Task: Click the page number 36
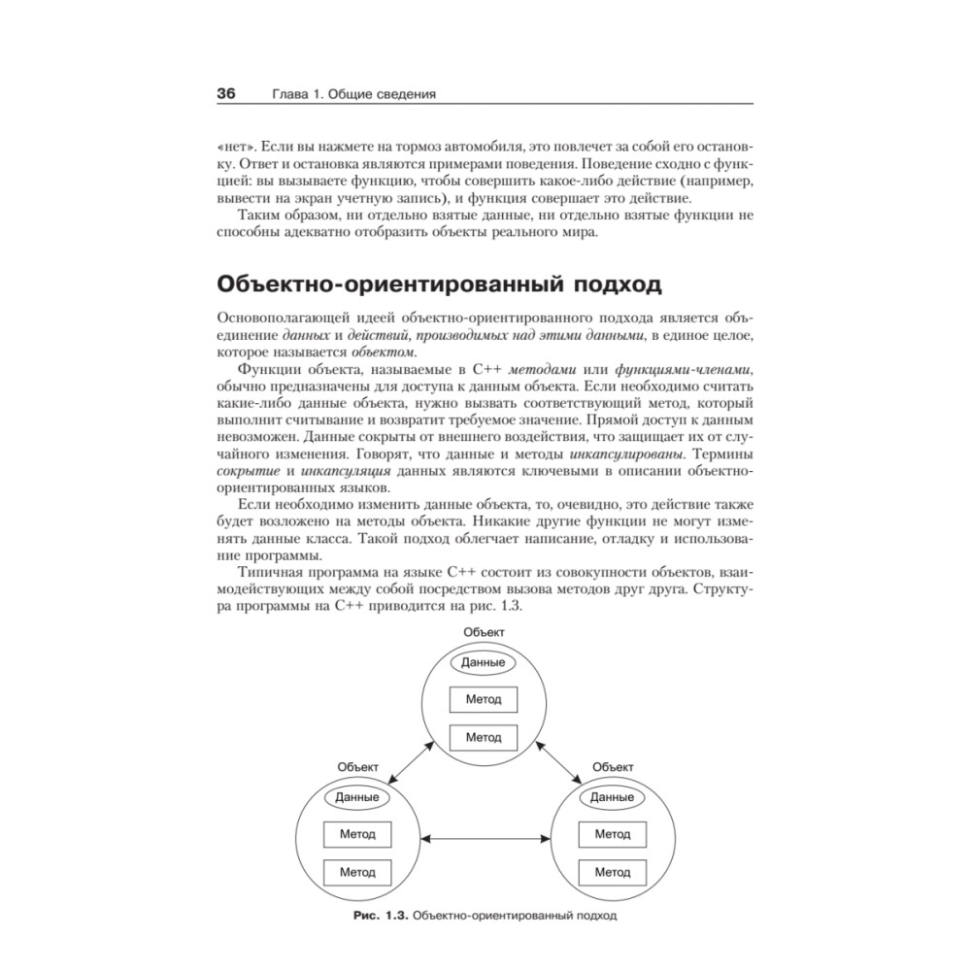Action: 225,94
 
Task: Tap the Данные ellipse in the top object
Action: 484,663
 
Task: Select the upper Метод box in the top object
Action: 484,700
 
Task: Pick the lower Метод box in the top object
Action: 484,737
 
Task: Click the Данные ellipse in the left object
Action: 356,797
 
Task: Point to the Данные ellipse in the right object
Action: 612,797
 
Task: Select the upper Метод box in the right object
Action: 612,834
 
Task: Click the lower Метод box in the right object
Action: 612,872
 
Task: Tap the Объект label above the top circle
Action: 484,632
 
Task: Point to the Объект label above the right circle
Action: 612,766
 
